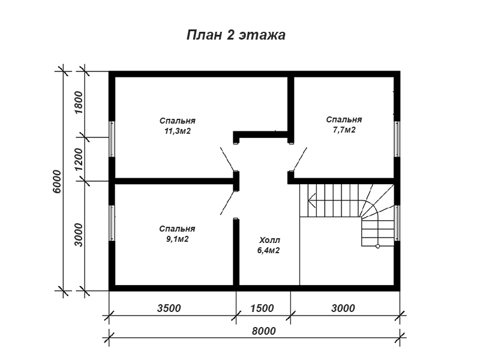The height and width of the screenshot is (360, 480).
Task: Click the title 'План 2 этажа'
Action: pyautogui.click(x=236, y=35)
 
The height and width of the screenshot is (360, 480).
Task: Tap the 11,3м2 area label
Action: pyautogui.click(x=178, y=131)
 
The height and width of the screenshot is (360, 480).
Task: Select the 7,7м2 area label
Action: pyautogui.click(x=344, y=130)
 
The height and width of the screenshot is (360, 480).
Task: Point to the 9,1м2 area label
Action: pyautogui.click(x=177, y=239)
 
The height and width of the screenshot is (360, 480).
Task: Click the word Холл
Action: pyautogui.click(x=269, y=240)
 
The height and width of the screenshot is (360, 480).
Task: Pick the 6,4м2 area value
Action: pyautogui.click(x=268, y=251)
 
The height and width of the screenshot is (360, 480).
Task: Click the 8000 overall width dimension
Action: pyautogui.click(x=264, y=331)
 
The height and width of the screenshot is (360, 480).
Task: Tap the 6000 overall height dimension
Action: pyautogui.click(x=57, y=181)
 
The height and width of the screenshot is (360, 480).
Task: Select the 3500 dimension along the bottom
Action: pyautogui.click(x=169, y=308)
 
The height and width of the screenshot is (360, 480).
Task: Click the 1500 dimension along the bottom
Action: pyautogui.click(x=262, y=308)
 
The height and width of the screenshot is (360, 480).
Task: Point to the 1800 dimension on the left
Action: pyautogui.click(x=79, y=102)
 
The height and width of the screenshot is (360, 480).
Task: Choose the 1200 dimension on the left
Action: pyautogui.click(x=79, y=160)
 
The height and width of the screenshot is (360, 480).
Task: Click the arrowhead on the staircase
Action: pyautogui.click(x=311, y=201)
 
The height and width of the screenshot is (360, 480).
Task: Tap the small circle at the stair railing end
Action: pyautogui.click(x=377, y=246)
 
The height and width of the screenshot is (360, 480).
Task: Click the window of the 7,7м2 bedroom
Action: pyautogui.click(x=397, y=139)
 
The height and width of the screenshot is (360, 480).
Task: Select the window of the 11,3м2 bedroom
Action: pyautogui.click(x=112, y=139)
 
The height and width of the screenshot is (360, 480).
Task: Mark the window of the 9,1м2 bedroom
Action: pyautogui.click(x=112, y=223)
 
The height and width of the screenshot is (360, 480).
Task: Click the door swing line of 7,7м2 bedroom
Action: pyautogui.click(x=300, y=159)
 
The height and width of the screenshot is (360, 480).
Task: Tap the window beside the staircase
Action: pyautogui.click(x=397, y=223)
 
